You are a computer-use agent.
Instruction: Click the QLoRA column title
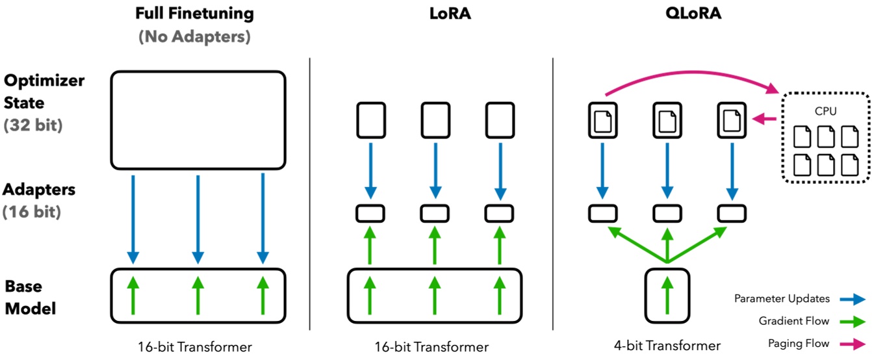tap(693, 14)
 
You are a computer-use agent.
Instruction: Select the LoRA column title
tap(450, 14)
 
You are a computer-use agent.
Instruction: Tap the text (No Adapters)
tap(195, 36)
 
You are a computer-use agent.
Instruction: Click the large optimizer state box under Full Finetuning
tap(198, 120)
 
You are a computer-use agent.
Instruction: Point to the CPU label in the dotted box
tap(825, 111)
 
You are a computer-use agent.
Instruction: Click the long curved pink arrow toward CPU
tap(693, 72)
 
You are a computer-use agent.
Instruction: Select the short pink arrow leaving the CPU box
tap(764, 119)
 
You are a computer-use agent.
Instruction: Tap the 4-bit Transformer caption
tap(667, 346)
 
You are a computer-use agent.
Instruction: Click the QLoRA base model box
tap(667, 296)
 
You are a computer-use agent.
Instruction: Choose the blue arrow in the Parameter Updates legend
tap(853, 300)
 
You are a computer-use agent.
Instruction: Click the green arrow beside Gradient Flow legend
tap(853, 322)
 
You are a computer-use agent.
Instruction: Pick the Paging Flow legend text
tap(799, 344)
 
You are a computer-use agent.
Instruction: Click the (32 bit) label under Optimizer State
tap(33, 125)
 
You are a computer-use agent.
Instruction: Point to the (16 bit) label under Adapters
tap(32, 212)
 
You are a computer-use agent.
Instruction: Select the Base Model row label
tap(31, 298)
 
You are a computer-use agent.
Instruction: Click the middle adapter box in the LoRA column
tap(435, 214)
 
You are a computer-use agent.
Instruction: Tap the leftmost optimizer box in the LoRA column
tap(371, 120)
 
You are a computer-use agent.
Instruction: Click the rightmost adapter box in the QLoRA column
tap(732, 214)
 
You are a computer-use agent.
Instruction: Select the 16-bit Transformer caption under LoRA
tap(431, 347)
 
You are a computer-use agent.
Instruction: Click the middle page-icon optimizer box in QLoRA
tap(667, 120)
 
